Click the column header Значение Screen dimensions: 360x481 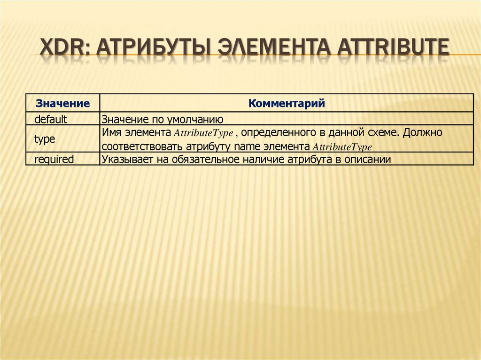(63, 103)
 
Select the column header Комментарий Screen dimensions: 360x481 (287, 103)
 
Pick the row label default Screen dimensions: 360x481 (51, 119)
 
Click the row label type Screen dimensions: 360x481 (45, 139)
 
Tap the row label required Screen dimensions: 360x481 (54, 160)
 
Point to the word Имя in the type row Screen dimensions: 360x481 (110, 133)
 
